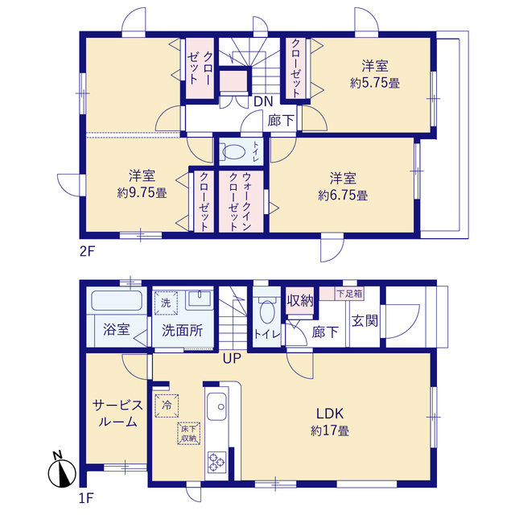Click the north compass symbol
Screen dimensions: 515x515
[x=62, y=471]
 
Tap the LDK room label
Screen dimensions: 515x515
[x=330, y=414]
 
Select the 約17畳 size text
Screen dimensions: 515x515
[x=330, y=431]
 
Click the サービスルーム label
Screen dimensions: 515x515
[x=118, y=414]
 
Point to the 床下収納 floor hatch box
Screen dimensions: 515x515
[x=189, y=433]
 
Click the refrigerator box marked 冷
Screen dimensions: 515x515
[x=167, y=406]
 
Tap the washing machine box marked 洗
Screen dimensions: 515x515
[x=166, y=303]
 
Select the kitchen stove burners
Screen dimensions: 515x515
[x=216, y=462]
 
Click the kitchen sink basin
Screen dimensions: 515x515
[x=216, y=406]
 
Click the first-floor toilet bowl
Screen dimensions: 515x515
[x=267, y=311]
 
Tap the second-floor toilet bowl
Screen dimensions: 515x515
[x=234, y=152]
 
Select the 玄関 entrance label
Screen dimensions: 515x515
[x=365, y=321]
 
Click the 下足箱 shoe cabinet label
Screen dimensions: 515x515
[x=349, y=294]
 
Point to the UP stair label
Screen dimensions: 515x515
[x=233, y=358]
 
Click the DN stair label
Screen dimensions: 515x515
[x=263, y=101]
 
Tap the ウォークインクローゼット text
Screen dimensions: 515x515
[x=240, y=201]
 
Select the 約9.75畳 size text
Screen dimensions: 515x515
[x=142, y=192]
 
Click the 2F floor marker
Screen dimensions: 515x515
[x=87, y=252]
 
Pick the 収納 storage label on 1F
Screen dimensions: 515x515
[x=300, y=300]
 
